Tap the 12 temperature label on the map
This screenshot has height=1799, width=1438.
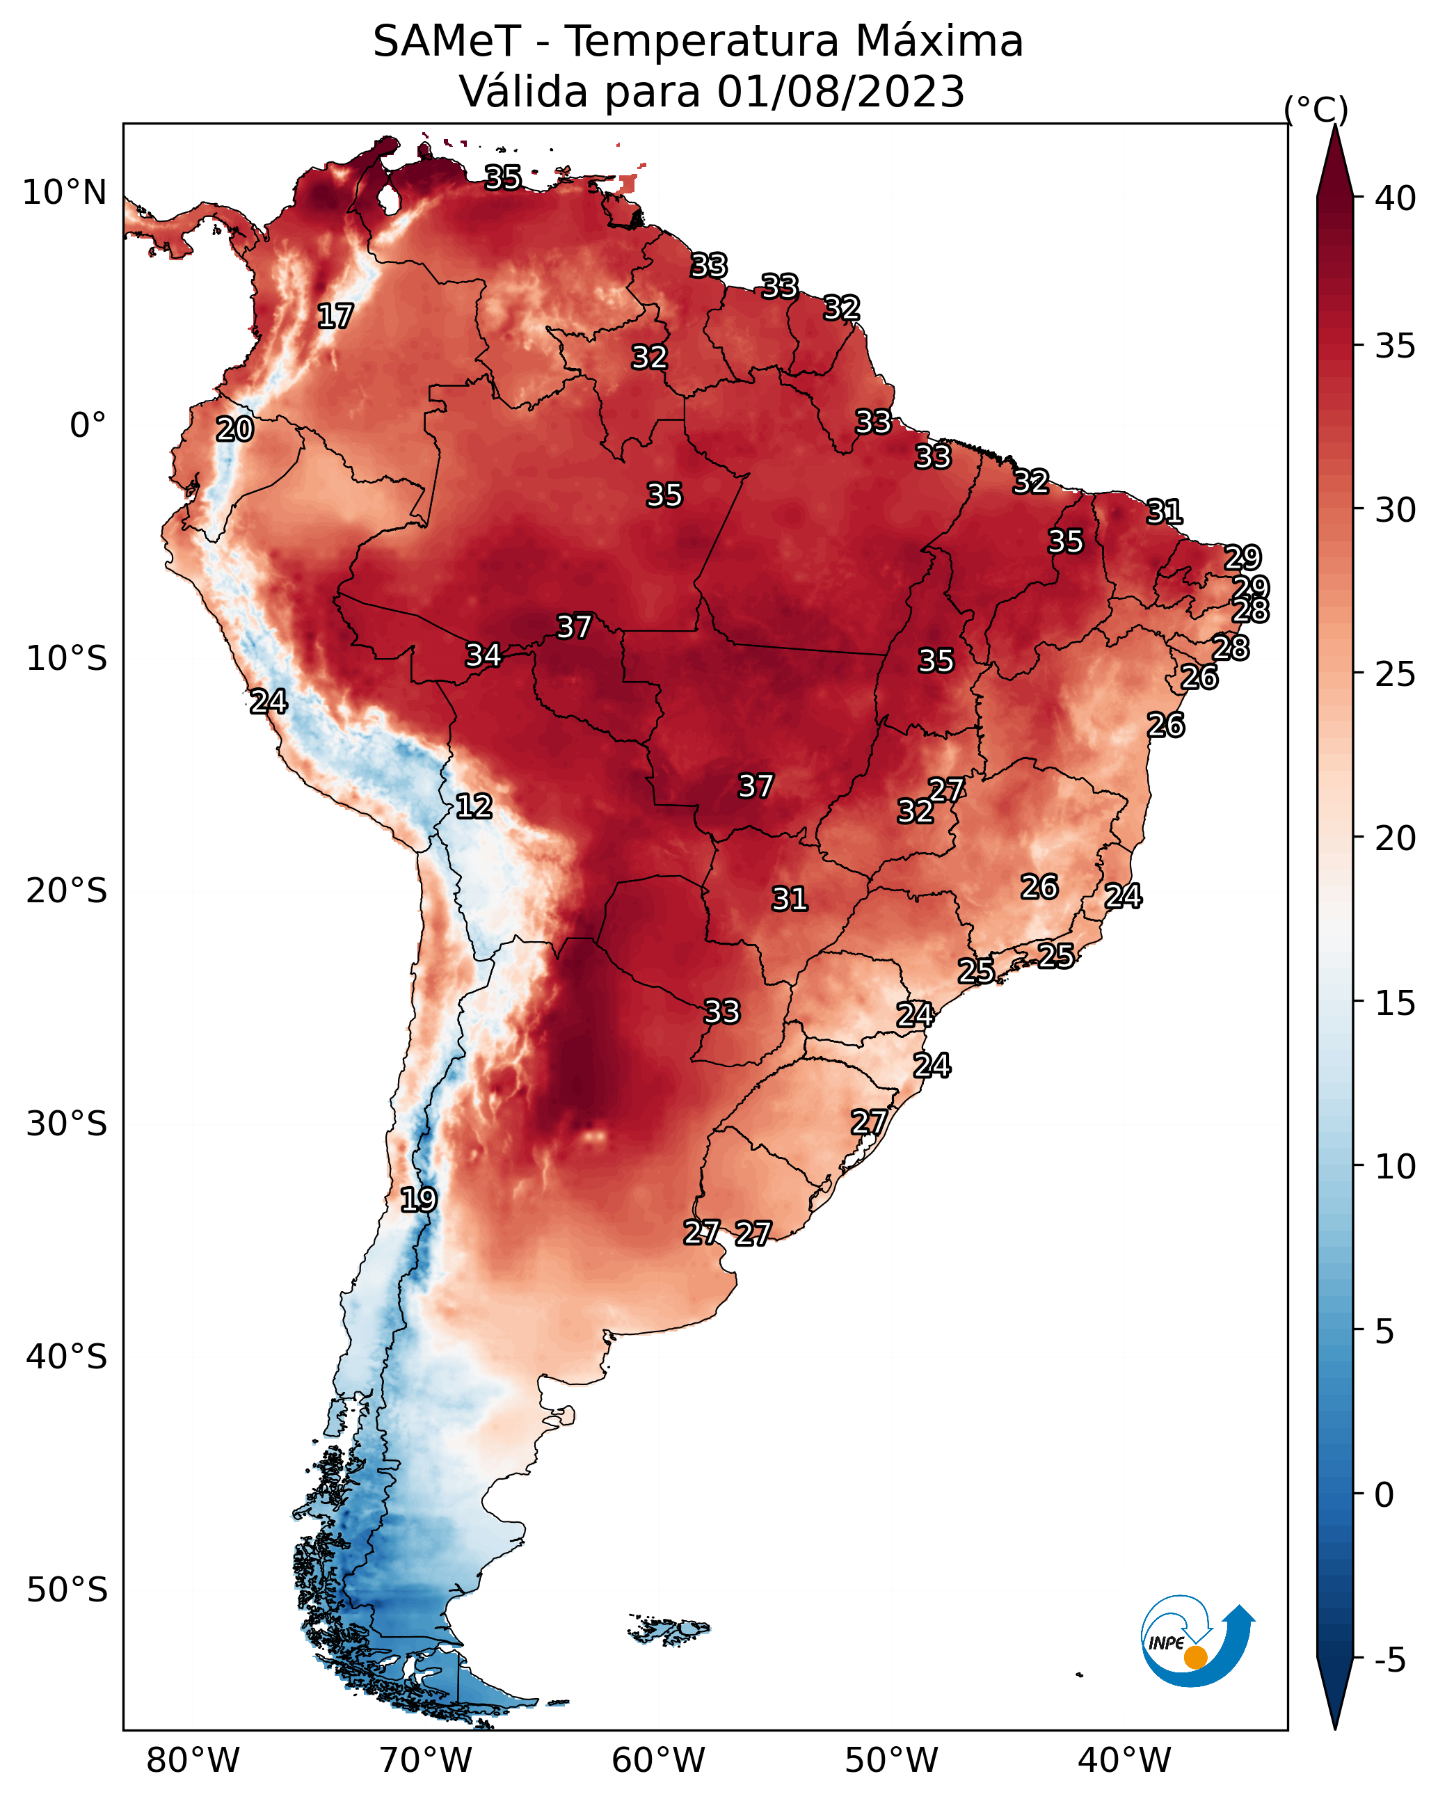(474, 806)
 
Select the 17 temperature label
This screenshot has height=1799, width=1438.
(335, 317)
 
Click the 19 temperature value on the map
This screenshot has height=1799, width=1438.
(418, 1200)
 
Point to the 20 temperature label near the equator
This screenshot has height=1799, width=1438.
(234, 430)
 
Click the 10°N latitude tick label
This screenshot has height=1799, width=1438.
(64, 193)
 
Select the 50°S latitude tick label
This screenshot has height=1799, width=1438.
(67, 1590)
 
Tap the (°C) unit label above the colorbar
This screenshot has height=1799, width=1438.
(1316, 109)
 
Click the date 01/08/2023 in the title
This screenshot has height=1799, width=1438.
(840, 91)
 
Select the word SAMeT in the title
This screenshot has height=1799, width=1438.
(447, 42)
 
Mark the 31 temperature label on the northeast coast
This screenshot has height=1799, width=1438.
(1165, 511)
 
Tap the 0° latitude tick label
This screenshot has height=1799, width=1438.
(88, 426)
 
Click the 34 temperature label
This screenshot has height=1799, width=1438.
(484, 655)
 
